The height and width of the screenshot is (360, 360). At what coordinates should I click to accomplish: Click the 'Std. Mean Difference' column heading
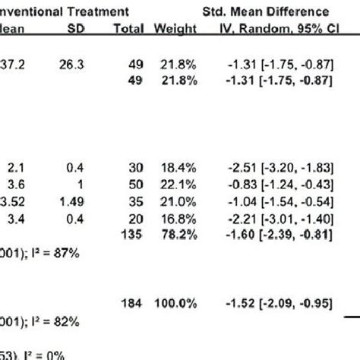coord(276,12)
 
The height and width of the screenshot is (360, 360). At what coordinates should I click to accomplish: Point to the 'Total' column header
coord(127,29)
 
